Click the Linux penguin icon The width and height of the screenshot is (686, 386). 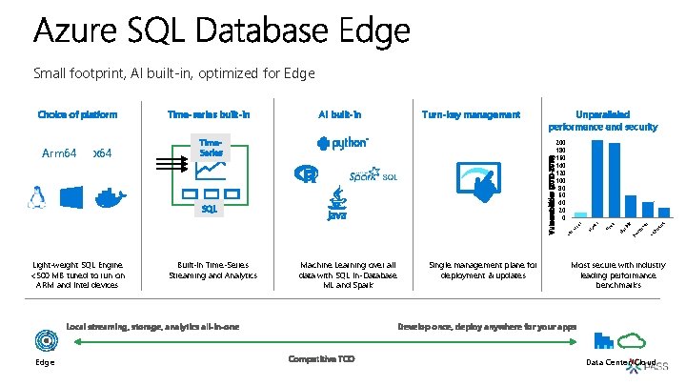[38, 197]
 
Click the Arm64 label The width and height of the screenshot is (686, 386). [59, 153]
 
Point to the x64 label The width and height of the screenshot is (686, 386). [102, 153]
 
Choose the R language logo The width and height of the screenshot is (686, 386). [308, 175]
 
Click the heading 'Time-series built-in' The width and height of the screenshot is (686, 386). [209, 115]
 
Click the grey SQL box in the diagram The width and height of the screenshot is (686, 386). [209, 207]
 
